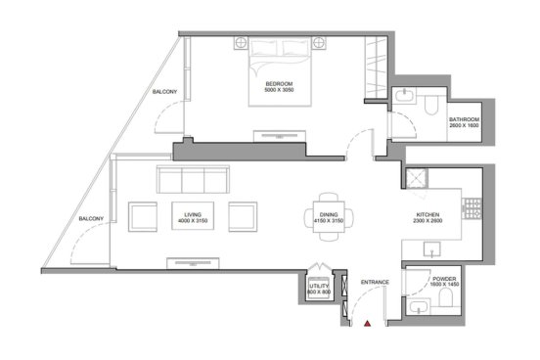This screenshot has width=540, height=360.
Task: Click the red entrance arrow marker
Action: [368, 324]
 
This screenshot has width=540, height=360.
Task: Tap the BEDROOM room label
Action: [279, 84]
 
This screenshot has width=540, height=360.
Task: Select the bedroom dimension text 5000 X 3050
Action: [279, 90]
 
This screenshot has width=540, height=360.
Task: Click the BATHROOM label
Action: [465, 119]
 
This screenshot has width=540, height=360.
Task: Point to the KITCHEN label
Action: [427, 214]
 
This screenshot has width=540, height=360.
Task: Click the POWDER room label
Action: [444, 279]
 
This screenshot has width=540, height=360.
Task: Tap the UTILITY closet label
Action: [319, 286]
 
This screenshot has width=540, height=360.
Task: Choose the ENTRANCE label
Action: [375, 282]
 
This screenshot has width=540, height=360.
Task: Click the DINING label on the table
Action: [329, 214]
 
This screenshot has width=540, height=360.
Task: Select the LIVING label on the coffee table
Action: [193, 214]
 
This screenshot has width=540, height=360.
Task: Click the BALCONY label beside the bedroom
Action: [164, 92]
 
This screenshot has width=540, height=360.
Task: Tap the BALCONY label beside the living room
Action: [91, 219]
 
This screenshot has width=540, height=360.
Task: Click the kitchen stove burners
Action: [472, 208]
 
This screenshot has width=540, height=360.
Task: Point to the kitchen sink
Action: [432, 249]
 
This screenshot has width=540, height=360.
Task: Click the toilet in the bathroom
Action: [430, 105]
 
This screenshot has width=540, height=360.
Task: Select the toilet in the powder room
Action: [446, 297]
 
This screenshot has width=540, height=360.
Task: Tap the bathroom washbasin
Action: [404, 96]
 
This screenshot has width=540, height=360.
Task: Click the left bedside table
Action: [241, 43]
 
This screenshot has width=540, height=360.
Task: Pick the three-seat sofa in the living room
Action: [193, 179]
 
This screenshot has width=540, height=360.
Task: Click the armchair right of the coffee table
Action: [243, 217]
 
